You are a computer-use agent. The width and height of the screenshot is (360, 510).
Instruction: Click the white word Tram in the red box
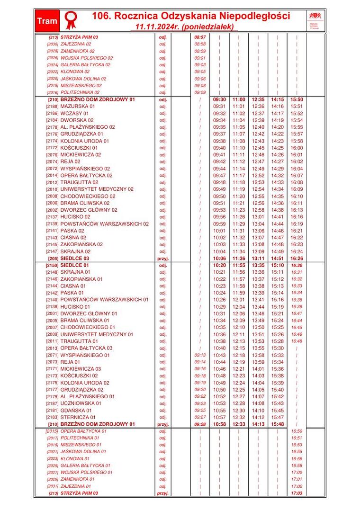click(x=47, y=21)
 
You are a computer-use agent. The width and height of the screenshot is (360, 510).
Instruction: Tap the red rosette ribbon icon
click(x=71, y=20)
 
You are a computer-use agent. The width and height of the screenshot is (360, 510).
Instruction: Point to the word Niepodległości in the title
click(x=256, y=16)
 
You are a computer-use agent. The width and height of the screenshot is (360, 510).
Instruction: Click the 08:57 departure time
click(x=200, y=37)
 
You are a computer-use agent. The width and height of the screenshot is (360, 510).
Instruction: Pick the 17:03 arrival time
click(x=297, y=493)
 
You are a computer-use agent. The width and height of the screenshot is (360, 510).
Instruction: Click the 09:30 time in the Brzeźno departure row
click(x=219, y=100)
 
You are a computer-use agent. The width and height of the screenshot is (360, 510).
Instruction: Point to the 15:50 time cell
click(x=297, y=100)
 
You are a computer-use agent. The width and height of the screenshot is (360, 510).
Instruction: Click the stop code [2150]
click(x=52, y=266)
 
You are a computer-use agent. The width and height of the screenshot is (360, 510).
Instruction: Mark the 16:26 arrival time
click(x=297, y=259)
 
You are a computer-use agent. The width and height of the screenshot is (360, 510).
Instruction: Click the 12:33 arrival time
click(x=239, y=424)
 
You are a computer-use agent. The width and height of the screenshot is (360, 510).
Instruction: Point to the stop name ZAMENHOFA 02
click(x=78, y=51)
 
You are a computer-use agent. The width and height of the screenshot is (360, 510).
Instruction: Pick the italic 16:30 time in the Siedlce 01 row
click(x=297, y=266)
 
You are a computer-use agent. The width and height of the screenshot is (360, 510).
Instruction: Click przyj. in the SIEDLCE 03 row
click(x=163, y=259)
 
